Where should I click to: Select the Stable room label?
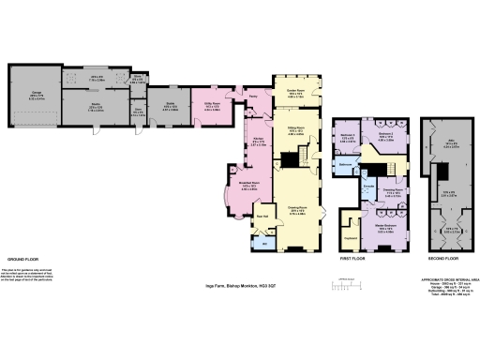coord(171,103)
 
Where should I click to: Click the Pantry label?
coord(253,95)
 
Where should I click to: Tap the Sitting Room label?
coord(296,130)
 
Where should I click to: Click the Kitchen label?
coord(258,142)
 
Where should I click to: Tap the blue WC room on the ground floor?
coord(262,245)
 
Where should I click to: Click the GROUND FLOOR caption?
coord(22,258)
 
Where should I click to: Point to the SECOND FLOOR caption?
coord(443,257)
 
